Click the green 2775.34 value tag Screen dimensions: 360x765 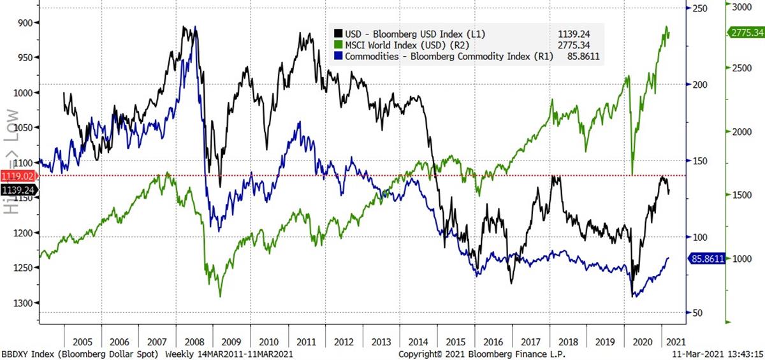747,33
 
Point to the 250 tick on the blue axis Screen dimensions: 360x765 701,8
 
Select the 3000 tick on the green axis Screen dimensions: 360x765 740,7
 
